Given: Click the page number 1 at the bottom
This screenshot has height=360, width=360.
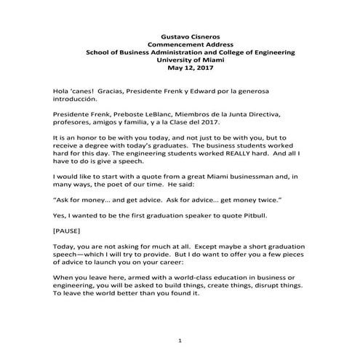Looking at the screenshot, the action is pos(180,340).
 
